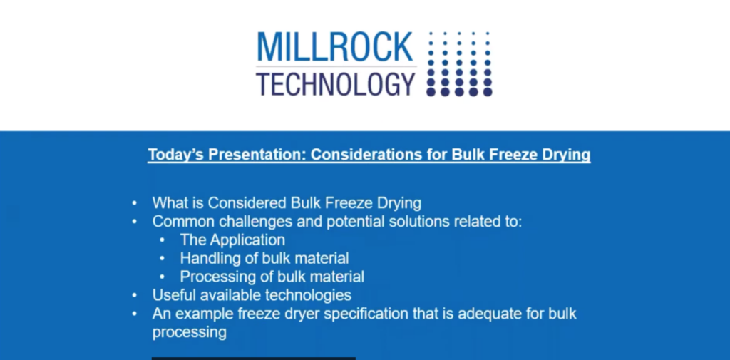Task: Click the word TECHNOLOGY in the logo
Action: pyautogui.click(x=335, y=84)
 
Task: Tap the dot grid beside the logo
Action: pyautogui.click(x=459, y=64)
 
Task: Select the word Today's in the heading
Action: pyautogui.click(x=176, y=154)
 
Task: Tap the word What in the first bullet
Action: pyautogui.click(x=169, y=203)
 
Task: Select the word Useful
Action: pyautogui.click(x=174, y=295)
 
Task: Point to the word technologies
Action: pyautogui.click(x=308, y=295)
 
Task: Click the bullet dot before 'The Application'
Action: pyautogui.click(x=162, y=240)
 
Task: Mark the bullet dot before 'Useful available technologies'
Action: pyautogui.click(x=135, y=296)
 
